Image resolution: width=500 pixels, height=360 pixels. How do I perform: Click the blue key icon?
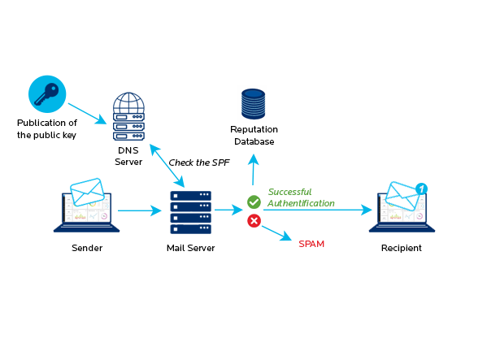point(46,93)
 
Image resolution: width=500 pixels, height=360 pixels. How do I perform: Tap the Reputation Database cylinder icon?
point(254,104)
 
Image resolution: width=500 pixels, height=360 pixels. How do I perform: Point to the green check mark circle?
point(254,201)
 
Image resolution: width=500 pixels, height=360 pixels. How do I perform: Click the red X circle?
point(254,220)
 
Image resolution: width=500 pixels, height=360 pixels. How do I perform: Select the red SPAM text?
point(311,244)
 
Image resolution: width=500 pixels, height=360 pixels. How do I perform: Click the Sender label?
point(86,247)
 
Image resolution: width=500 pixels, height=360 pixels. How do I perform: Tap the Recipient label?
point(402,247)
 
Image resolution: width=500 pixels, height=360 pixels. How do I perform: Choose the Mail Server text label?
point(190,247)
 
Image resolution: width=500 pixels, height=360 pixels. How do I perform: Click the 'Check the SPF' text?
point(199,163)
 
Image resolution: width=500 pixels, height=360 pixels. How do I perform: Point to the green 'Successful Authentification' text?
point(302,197)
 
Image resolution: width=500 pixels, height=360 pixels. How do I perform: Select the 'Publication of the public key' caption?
point(47,128)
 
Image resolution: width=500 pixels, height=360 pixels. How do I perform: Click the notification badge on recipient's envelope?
point(421,189)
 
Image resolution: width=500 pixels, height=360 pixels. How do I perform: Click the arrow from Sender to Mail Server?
point(139,211)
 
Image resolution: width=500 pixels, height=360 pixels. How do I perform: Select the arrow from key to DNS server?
point(87,112)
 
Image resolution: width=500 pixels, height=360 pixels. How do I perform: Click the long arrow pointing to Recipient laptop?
point(317,210)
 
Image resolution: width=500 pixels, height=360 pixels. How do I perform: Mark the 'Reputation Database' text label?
point(254,135)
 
